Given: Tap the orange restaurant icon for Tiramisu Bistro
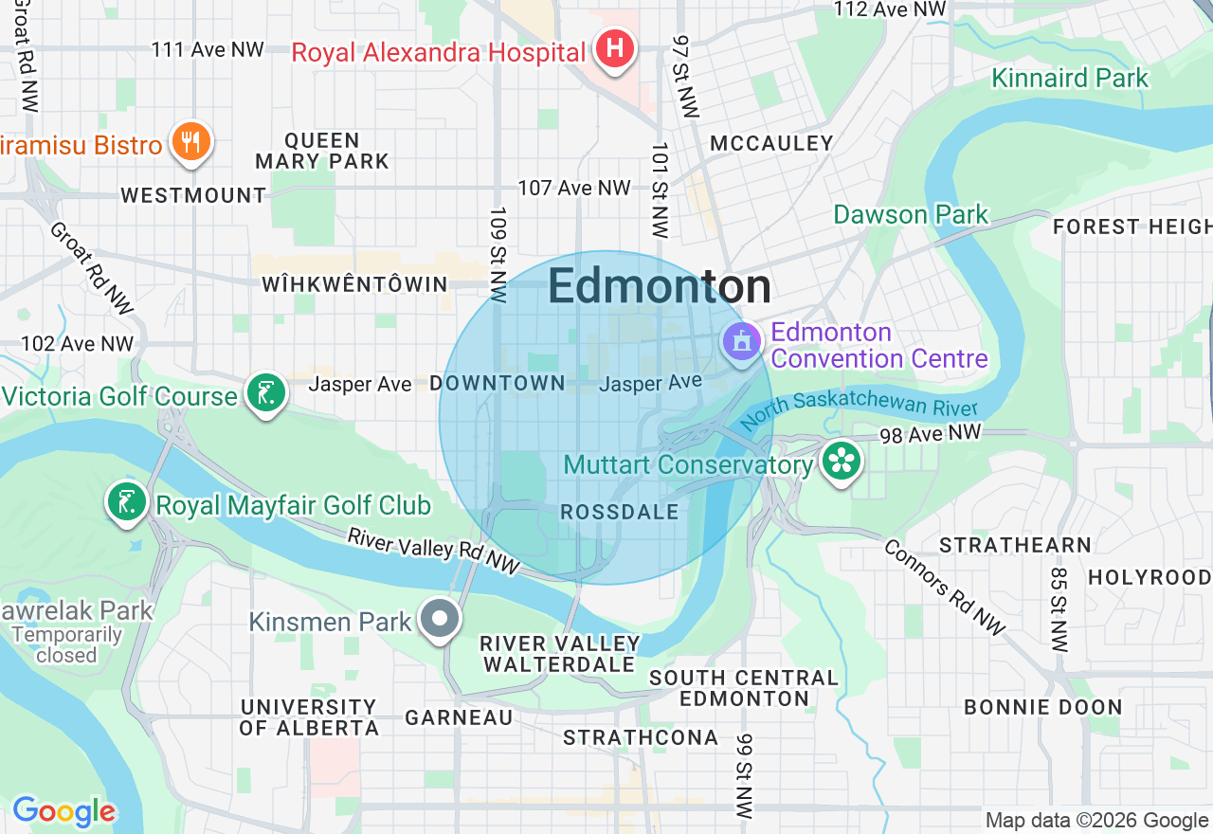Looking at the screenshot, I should pos(191,142).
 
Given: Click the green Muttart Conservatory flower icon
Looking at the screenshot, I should pos(840,462).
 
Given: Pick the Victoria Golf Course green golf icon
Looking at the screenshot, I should pos(266,392).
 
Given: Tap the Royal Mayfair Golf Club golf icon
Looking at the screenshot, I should pos(126,502).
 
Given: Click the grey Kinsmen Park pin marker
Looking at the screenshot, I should pos(441,620).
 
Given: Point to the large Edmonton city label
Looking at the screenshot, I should pos(660,286).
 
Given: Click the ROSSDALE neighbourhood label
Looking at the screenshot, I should pos(620,512).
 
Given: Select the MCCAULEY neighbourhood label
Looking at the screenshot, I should pos(771,143).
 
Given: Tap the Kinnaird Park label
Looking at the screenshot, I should pos(1070,78).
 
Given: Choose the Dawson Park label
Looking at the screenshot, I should pos(911,214).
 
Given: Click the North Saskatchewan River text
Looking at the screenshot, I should pos(859,411).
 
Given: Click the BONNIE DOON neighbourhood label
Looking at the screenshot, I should pos(1042,707).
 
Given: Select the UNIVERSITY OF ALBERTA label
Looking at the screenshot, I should pos(309,717).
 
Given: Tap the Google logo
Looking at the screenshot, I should pos(63,811).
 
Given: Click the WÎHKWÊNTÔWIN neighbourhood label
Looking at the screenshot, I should pos(354,284).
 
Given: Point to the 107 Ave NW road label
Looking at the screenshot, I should pos(574,188).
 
